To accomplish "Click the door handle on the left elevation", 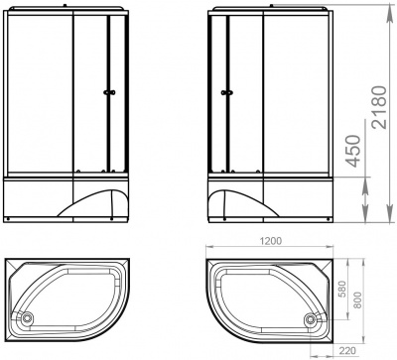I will pyautogui.click(x=108, y=94).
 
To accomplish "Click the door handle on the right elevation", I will pyautogui.click(x=226, y=94).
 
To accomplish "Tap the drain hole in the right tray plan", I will pyautogui.click(x=318, y=318).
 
